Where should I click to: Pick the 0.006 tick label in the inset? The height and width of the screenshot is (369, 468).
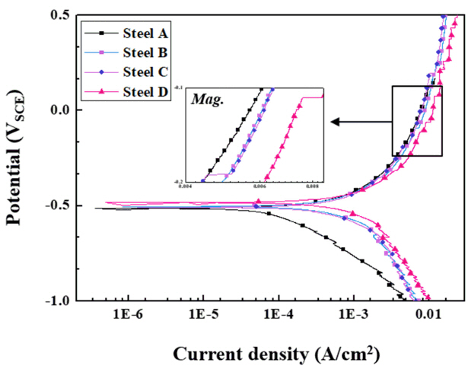tap(260, 184)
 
